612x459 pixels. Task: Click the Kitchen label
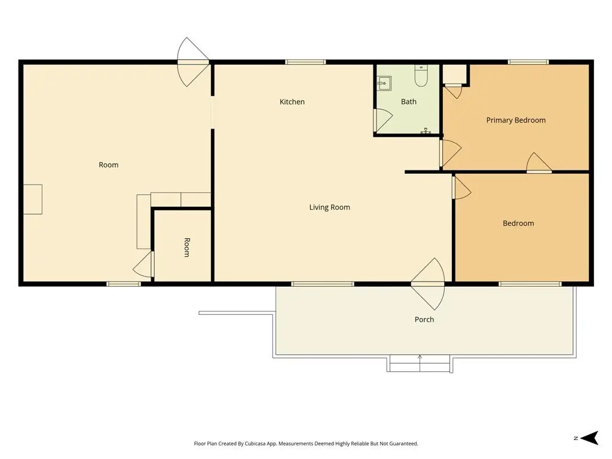[x=292, y=102]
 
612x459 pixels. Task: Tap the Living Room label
[x=329, y=207]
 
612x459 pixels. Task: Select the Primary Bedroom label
[x=516, y=120]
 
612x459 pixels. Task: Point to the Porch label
[x=424, y=320]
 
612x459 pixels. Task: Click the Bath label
[x=409, y=102]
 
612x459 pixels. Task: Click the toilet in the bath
[x=421, y=76]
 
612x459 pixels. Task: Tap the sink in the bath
[x=384, y=83]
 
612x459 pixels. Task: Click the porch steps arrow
[x=420, y=363]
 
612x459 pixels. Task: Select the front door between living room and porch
[x=428, y=284]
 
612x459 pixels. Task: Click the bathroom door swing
[x=383, y=120]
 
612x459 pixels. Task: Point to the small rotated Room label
[x=187, y=247]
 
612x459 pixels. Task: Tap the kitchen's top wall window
[x=305, y=62]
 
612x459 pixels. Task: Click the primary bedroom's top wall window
[x=528, y=62]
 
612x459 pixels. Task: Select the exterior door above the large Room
[x=193, y=62]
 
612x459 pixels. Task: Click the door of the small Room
[x=143, y=264]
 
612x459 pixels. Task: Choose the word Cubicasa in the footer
[x=255, y=444]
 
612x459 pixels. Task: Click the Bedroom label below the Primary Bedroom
[x=518, y=224]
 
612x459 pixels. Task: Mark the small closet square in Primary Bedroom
[x=455, y=74]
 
